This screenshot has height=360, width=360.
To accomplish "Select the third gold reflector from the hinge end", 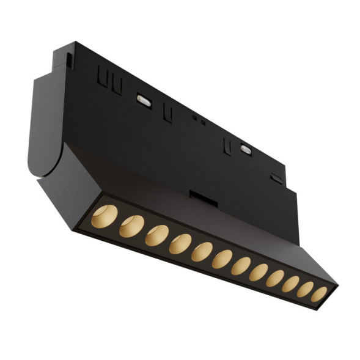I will pos(156,235).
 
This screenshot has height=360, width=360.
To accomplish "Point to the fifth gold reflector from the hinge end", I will pos(202,252).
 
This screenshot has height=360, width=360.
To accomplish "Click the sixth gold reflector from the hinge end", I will pos(222,259).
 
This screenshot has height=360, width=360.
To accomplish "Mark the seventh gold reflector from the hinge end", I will pos(241,266).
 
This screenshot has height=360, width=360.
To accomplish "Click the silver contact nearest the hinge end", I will pos(145,100).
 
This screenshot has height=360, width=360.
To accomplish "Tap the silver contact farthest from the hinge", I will pos(246,149).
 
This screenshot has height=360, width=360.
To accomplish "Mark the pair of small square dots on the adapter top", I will pos(197,119).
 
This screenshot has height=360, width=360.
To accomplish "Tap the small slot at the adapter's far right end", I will pos(277,179).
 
